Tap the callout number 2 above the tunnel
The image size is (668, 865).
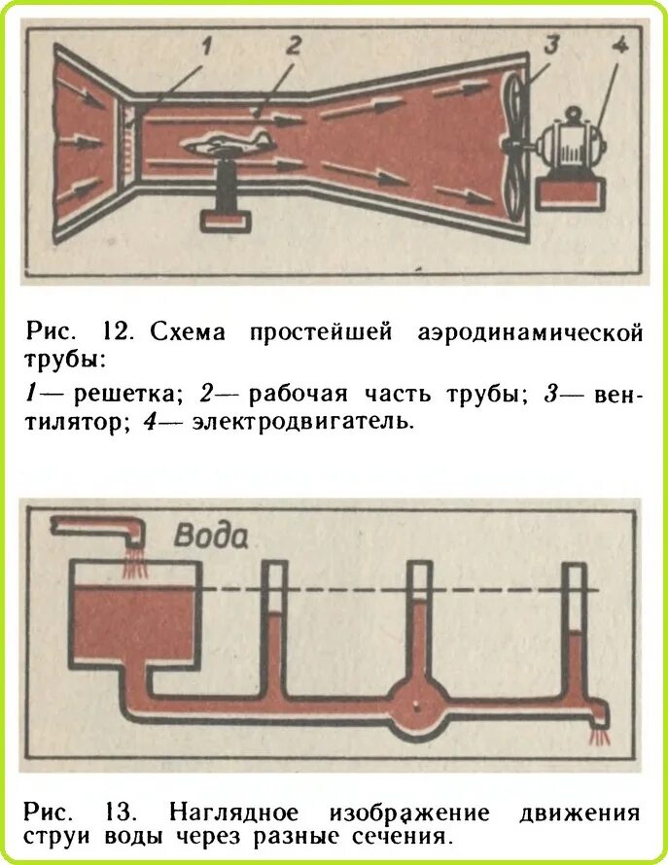tap(293, 45)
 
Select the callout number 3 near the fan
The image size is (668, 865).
tap(550, 46)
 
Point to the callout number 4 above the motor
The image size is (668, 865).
tap(618, 46)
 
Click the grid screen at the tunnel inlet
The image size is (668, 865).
tap(123, 137)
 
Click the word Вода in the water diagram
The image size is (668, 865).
tap(211, 536)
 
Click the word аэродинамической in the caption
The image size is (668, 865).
tap(530, 333)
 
